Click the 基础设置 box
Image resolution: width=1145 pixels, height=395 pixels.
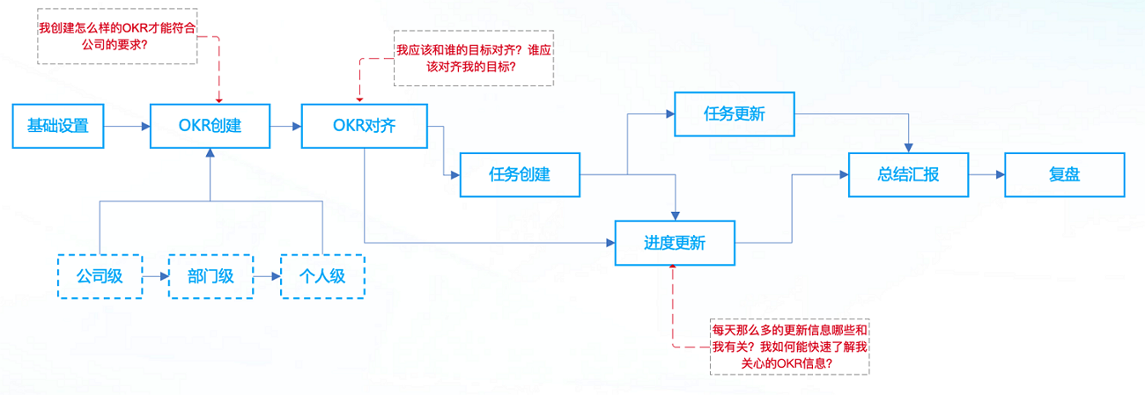57,126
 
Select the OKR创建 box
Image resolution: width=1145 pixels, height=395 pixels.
209,126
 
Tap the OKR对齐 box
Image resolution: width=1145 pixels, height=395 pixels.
364,126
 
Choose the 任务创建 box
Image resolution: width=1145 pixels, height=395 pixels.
520,174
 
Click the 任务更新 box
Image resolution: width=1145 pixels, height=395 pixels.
735,113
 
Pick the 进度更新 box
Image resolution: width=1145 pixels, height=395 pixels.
675,243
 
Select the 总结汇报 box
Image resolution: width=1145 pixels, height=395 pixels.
908,174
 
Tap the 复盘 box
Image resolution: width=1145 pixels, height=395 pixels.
1064,174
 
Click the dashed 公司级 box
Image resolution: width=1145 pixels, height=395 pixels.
99,276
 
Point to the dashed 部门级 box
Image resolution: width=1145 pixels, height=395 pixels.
211,276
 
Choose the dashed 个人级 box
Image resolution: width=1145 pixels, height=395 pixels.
322,276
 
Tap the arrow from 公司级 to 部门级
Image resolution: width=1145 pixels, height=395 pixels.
155,276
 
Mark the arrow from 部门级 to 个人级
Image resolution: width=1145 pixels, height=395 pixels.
267,276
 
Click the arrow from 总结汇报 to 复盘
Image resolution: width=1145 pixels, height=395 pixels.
986,174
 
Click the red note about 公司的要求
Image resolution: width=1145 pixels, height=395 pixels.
116,36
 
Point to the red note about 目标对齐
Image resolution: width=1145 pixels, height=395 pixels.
473,58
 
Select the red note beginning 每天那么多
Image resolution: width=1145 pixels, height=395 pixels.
789,347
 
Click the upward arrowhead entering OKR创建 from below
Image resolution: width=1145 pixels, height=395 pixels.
210,153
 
